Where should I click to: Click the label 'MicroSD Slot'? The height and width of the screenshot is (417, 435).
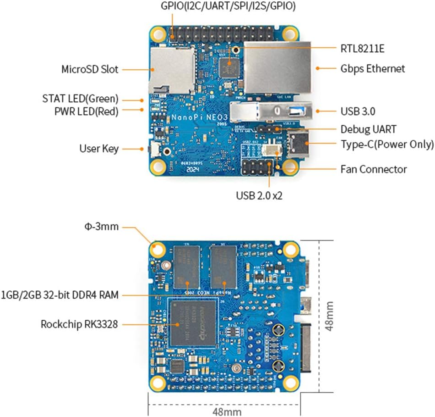[90, 69]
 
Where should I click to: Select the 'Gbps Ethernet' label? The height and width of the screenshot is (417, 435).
[373, 69]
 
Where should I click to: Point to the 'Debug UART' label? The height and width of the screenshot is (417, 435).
[368, 129]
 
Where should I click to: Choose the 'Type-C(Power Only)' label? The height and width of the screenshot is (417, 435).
[387, 145]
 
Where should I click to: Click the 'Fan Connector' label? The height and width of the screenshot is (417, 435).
[374, 169]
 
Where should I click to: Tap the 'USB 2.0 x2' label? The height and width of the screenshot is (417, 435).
[259, 196]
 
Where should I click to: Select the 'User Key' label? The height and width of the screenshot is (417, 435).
[99, 149]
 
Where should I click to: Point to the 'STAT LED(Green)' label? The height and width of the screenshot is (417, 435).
[81, 99]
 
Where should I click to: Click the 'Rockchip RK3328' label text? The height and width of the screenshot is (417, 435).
[79, 324]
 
